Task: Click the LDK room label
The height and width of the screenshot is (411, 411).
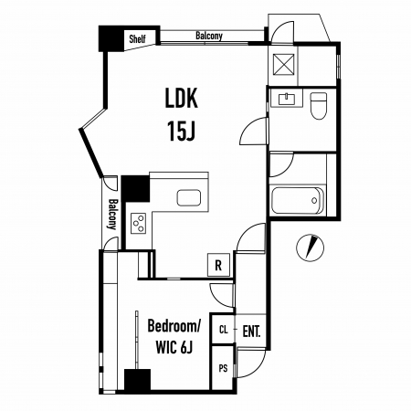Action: [x=181, y=98]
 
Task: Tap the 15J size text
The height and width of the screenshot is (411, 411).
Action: [x=181, y=131]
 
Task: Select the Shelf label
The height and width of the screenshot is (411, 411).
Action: [x=137, y=39]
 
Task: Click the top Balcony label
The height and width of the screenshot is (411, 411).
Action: [x=209, y=36]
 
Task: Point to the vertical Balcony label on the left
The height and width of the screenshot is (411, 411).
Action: [x=112, y=215]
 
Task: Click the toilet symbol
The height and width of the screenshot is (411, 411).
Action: [x=319, y=106]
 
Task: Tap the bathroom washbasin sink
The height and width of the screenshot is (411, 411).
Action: [x=287, y=99]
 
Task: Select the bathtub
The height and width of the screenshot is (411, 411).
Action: [x=298, y=201]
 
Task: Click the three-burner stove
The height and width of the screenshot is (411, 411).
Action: [x=138, y=223]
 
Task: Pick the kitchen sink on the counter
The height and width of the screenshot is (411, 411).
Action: [x=189, y=197]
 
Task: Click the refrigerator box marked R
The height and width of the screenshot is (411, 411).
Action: [x=218, y=265]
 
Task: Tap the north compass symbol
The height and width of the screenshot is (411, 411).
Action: [x=310, y=248]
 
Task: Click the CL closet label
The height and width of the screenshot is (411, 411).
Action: [x=224, y=330]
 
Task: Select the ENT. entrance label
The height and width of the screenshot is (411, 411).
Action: [x=251, y=332]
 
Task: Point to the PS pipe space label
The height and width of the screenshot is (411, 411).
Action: [x=223, y=368]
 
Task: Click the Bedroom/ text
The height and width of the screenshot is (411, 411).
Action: [x=174, y=325]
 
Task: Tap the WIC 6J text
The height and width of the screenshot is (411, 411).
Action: [x=174, y=347]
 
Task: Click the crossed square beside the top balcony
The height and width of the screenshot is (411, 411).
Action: [x=284, y=64]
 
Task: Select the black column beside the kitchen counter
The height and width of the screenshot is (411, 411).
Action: [x=136, y=188]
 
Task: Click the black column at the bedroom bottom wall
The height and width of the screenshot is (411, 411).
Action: [x=137, y=380]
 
